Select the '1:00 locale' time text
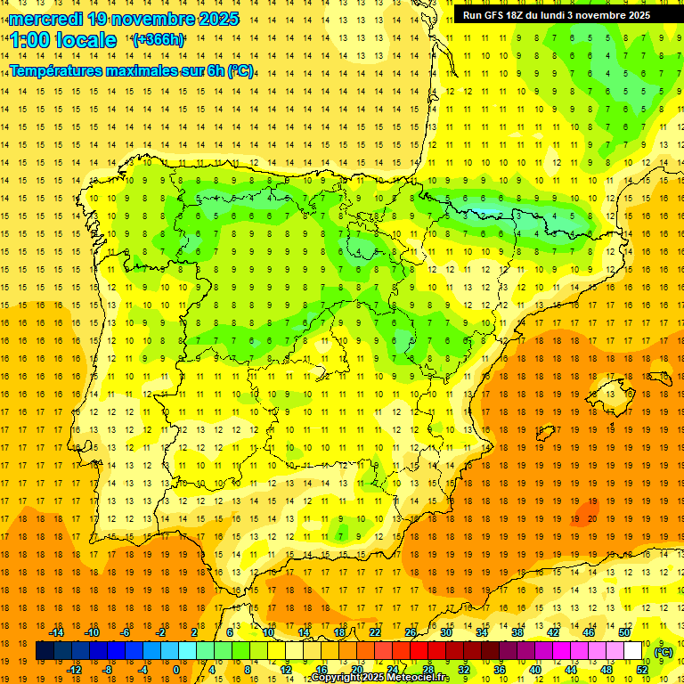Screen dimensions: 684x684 [x=62, y=40]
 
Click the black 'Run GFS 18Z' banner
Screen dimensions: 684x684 [x=568, y=14]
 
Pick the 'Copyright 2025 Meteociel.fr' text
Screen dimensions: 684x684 [x=380, y=678]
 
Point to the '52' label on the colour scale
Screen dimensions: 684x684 [x=642, y=669]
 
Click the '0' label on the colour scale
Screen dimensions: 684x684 [x=176, y=669]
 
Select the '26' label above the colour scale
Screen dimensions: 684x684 [x=411, y=632]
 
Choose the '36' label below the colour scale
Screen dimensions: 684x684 [x=500, y=669]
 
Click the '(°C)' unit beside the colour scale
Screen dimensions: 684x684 [x=663, y=652]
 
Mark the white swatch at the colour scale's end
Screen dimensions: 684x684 [x=633, y=651]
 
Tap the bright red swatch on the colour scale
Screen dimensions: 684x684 [x=419, y=651]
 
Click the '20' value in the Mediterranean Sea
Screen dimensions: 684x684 [x=592, y=517]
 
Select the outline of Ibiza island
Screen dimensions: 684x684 [x=541, y=433]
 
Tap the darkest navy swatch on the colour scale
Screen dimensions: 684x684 [x=45, y=651]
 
